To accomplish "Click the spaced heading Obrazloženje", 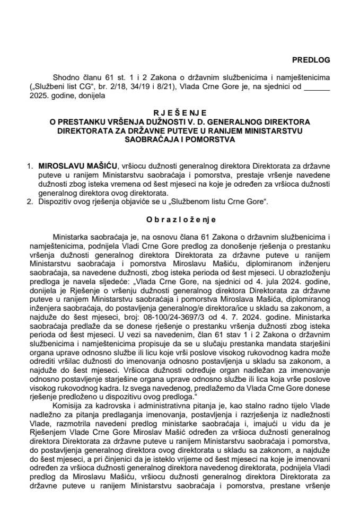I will click(180, 218).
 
